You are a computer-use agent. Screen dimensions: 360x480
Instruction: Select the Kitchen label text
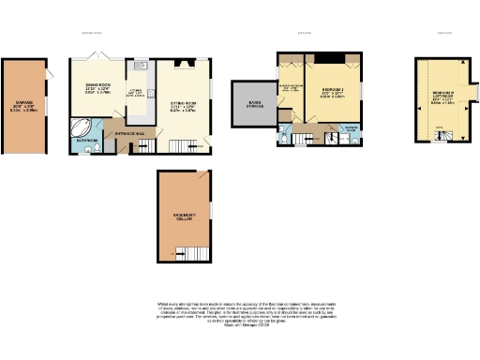pyautogui.click(x=135, y=93)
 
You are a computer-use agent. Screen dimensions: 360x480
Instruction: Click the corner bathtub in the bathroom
pyautogui.click(x=81, y=127)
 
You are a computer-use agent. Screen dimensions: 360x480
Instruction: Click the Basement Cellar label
pyautogui.click(x=183, y=218)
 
